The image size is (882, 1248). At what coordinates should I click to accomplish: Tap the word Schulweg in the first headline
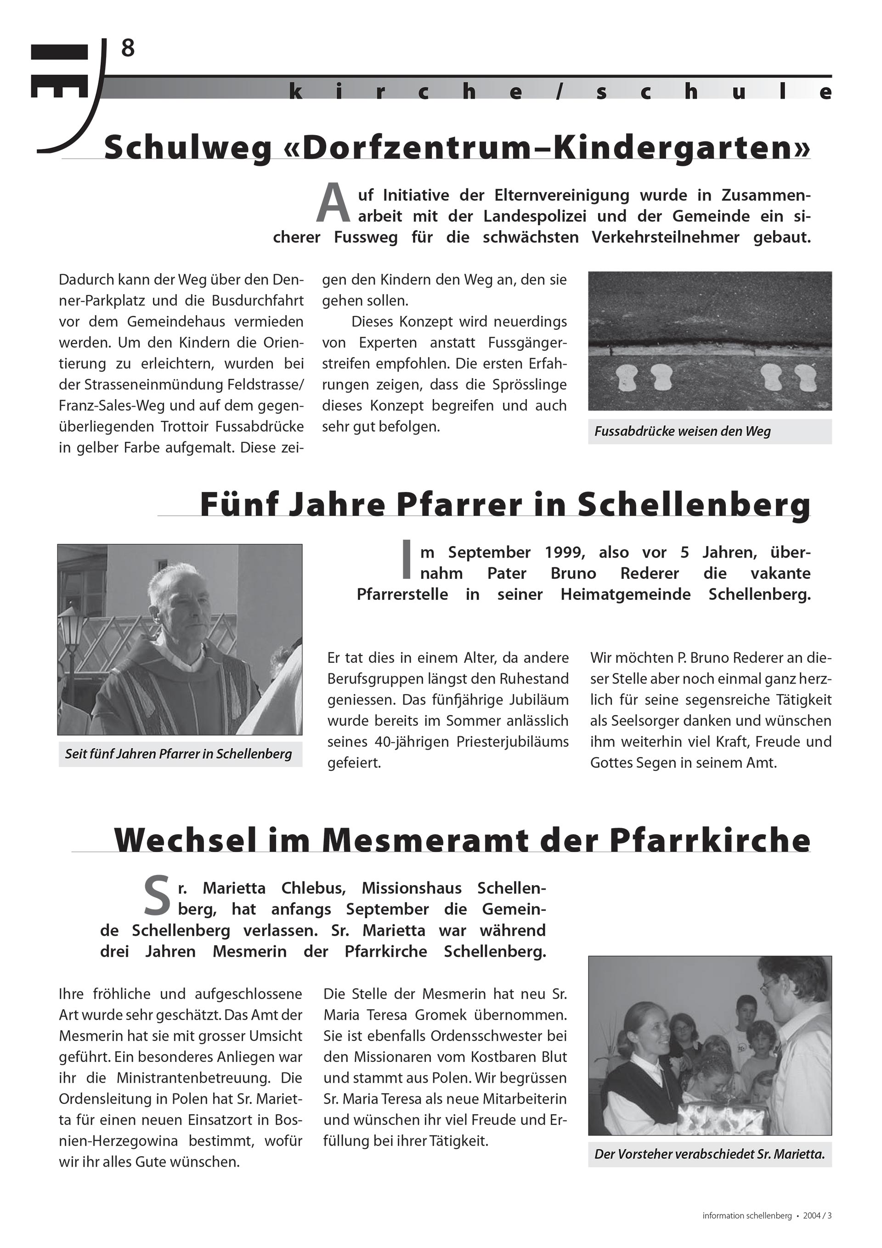[187, 148]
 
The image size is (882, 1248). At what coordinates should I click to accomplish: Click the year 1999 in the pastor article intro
[565, 552]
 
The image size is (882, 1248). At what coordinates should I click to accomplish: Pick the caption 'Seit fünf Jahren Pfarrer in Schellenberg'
[178, 754]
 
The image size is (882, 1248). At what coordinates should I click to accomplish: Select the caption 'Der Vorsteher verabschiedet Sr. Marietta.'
[709, 1154]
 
